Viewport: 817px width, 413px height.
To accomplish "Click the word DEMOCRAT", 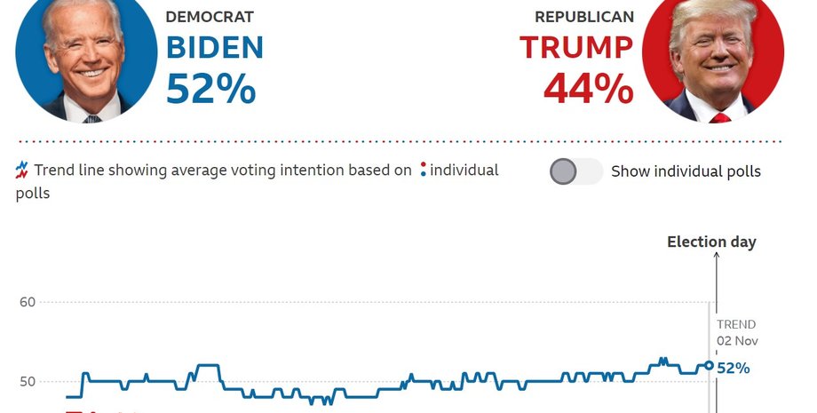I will click(210, 17).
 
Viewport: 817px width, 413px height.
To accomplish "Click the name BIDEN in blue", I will click(215, 47).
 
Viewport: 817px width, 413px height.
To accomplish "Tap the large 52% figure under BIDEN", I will click(210, 89).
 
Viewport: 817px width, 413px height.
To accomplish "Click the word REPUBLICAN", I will click(584, 17).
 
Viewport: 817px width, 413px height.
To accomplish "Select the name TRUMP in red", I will click(576, 47).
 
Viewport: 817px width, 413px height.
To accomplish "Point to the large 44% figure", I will click(588, 89).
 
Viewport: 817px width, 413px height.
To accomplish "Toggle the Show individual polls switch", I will click(575, 171).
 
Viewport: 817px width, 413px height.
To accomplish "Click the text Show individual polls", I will click(686, 171).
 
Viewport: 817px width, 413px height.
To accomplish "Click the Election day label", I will click(711, 242).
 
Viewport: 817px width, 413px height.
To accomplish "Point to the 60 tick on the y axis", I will click(27, 302).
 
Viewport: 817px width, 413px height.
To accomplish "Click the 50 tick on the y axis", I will click(27, 382).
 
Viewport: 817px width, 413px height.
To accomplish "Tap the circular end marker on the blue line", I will click(709, 364).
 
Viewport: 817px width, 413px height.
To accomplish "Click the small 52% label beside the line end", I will click(734, 368).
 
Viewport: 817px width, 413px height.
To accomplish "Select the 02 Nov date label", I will click(737, 341).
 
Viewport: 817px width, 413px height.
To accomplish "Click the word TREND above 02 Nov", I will click(736, 324).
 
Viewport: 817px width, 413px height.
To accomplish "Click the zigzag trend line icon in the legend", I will click(22, 171).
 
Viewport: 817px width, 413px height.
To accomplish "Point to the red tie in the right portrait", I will click(719, 117).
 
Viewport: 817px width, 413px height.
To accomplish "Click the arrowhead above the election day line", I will click(716, 258).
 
